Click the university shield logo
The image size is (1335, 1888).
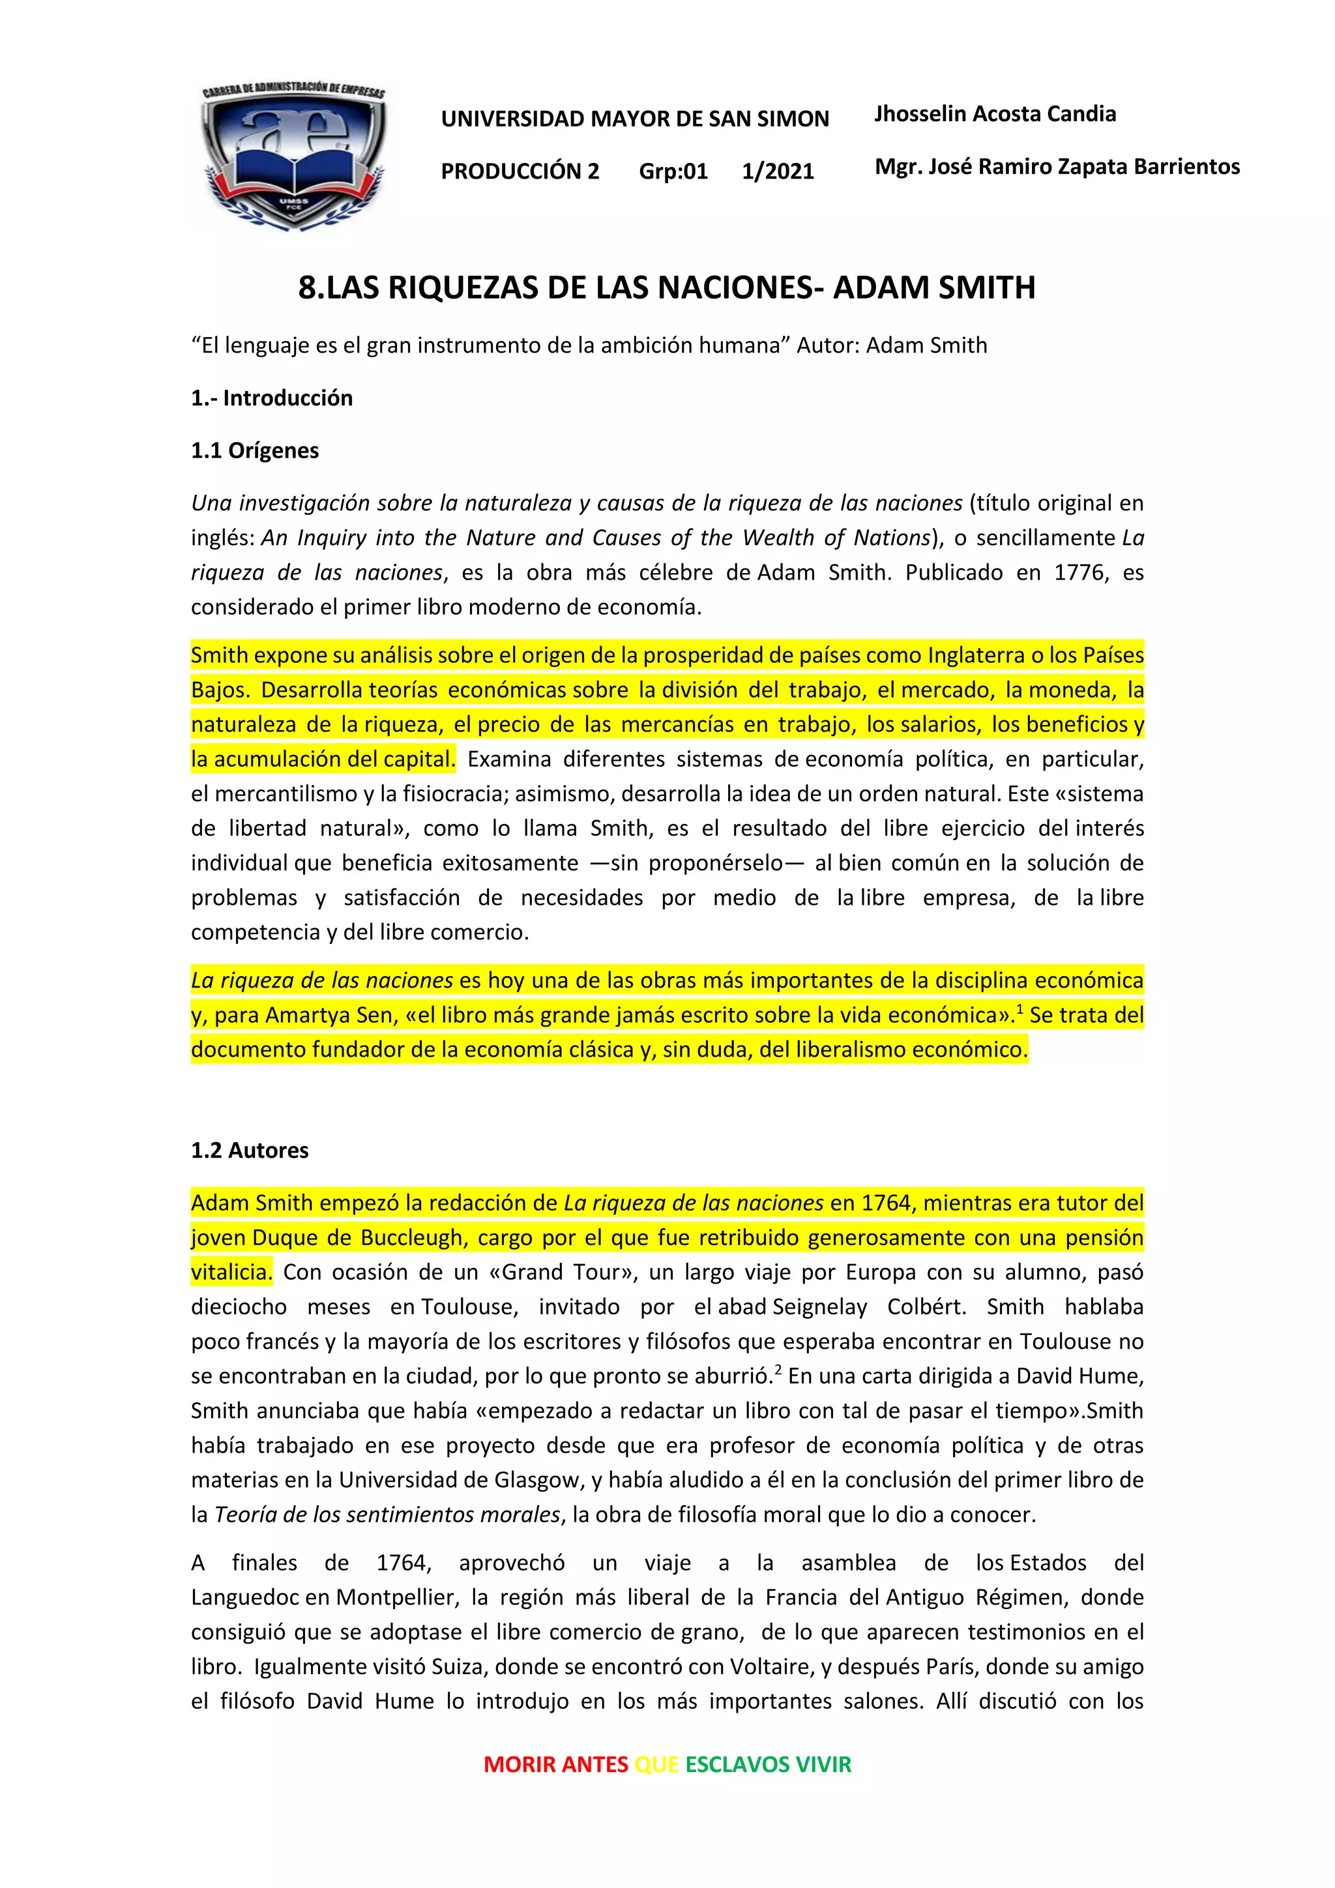293,156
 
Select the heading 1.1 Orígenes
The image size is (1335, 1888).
255,450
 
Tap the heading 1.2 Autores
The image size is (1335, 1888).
250,1151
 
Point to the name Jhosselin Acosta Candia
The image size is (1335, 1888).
995,113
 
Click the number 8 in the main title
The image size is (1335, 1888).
306,288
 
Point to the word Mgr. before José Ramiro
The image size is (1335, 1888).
898,167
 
